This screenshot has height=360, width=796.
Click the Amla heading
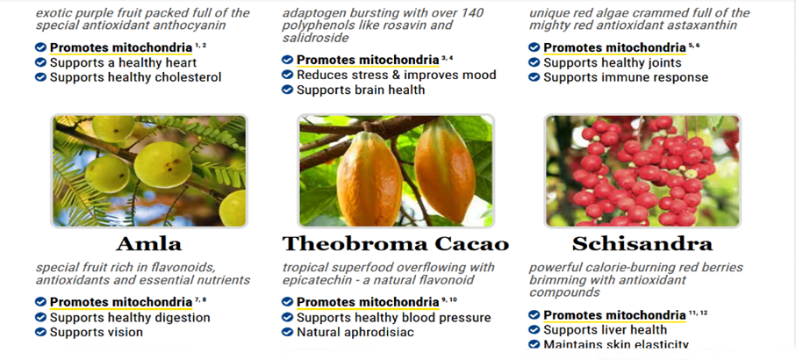(x=148, y=244)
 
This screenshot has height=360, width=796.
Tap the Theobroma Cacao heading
(x=396, y=244)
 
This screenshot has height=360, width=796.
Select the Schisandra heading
(x=642, y=244)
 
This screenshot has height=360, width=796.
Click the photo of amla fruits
(x=149, y=170)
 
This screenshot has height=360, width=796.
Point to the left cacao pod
(x=369, y=178)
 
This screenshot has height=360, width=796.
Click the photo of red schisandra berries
(x=642, y=170)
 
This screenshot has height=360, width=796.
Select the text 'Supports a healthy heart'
(x=123, y=63)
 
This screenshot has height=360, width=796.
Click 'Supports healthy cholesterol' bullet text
(x=135, y=77)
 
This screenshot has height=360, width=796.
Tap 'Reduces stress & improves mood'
(x=397, y=76)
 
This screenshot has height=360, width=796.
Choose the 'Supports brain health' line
(x=361, y=90)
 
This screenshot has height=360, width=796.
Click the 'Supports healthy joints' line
(x=613, y=63)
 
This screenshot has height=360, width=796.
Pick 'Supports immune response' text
(x=626, y=77)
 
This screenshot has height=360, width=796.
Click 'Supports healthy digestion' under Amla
(x=130, y=318)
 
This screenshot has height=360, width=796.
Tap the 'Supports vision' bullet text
(x=97, y=333)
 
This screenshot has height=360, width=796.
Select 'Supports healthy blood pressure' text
(x=394, y=318)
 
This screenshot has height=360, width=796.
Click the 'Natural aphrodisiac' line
(x=355, y=333)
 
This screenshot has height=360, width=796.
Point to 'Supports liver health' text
(x=606, y=330)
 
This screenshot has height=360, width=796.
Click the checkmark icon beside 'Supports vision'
(x=40, y=332)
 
